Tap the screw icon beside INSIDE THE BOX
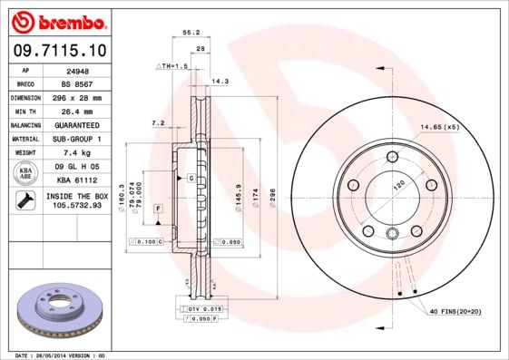(24, 200)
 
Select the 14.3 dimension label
(219, 82)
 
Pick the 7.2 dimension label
(157, 122)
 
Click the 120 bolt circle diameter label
(396, 185)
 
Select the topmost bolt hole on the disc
(393, 160)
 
